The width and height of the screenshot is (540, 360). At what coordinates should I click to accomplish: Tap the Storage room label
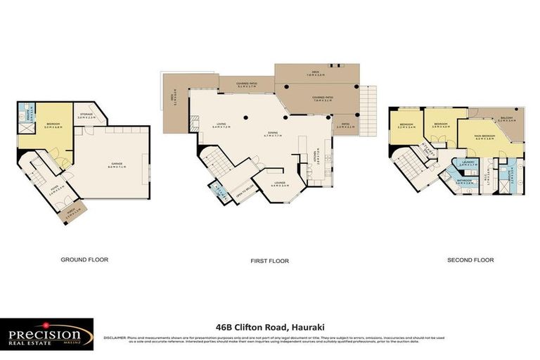(x=86, y=116)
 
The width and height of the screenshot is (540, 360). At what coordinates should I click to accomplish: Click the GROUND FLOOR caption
(x=84, y=259)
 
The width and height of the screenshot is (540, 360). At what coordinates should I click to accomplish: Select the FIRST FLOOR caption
(x=269, y=261)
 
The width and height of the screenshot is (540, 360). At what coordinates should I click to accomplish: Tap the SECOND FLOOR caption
(x=470, y=259)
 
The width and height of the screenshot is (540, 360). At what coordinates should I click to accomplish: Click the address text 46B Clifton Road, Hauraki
(x=269, y=326)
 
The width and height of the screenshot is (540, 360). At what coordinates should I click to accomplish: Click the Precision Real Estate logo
(x=46, y=333)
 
